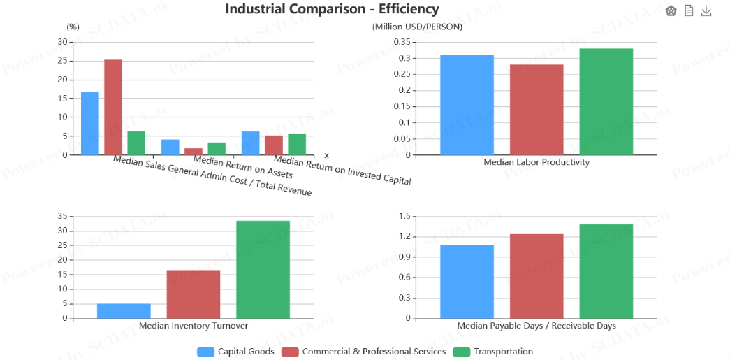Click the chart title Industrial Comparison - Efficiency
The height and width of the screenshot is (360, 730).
(x=332, y=9)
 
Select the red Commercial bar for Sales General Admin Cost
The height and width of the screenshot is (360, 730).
(x=113, y=107)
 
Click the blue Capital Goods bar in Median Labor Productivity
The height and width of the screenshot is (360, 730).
(x=467, y=105)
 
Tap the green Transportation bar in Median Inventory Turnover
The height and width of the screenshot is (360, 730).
(x=263, y=269)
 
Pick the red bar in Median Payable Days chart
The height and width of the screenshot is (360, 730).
(x=536, y=276)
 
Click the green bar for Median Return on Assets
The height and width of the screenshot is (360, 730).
(x=217, y=149)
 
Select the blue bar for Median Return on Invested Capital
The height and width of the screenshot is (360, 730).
(x=250, y=143)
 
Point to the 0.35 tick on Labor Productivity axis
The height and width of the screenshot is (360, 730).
(x=401, y=42)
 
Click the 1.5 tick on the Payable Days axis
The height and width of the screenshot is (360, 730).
(x=404, y=216)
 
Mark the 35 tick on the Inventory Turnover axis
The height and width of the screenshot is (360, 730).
(x=63, y=216)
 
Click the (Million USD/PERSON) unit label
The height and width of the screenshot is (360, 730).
(x=417, y=27)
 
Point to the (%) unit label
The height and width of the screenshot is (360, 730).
(x=73, y=27)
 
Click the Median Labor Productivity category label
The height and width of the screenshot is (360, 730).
(x=536, y=162)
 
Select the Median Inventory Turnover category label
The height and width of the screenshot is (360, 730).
(x=194, y=326)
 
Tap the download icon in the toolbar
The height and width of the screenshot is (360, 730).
(x=706, y=11)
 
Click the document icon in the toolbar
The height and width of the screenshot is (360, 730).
(x=689, y=11)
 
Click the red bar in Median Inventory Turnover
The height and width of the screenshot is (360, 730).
(x=194, y=294)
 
